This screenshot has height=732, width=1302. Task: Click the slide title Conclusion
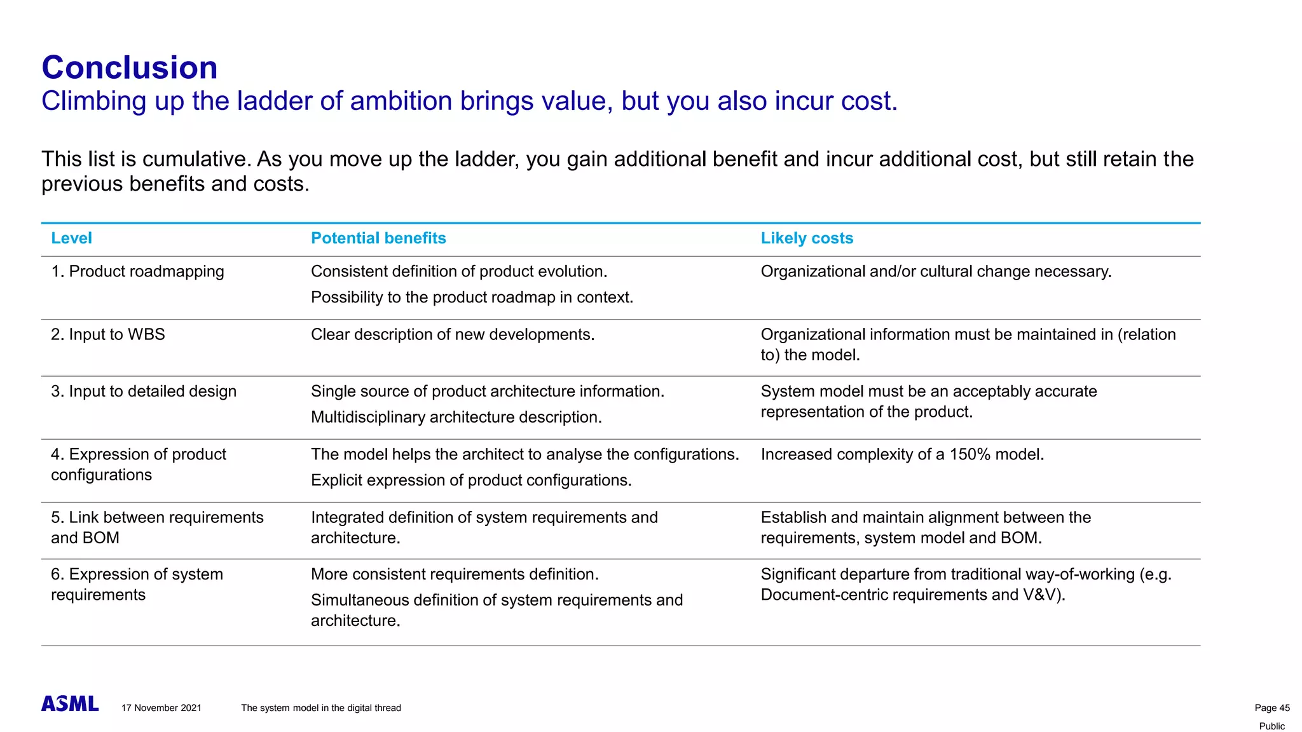(x=130, y=67)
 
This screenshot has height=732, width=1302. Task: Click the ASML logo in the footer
(x=70, y=703)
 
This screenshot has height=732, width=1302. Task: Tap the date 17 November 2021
(x=161, y=708)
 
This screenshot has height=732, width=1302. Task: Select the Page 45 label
(x=1271, y=708)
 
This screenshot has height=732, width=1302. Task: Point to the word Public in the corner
(x=1271, y=726)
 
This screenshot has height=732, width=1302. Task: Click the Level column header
(x=71, y=238)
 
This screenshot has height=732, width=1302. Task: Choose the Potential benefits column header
(x=378, y=238)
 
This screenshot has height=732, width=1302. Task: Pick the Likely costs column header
(x=807, y=238)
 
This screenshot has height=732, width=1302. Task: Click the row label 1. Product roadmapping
(x=137, y=271)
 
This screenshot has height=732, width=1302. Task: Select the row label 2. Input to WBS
(x=108, y=334)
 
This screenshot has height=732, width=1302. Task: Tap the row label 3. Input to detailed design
(x=144, y=391)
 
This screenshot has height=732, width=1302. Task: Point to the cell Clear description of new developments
(x=453, y=334)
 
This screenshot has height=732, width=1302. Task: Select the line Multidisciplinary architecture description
(x=456, y=417)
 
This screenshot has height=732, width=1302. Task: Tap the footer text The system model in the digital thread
(x=321, y=708)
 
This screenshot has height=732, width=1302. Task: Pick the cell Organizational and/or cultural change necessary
(x=936, y=271)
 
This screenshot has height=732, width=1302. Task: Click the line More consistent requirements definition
(x=455, y=574)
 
